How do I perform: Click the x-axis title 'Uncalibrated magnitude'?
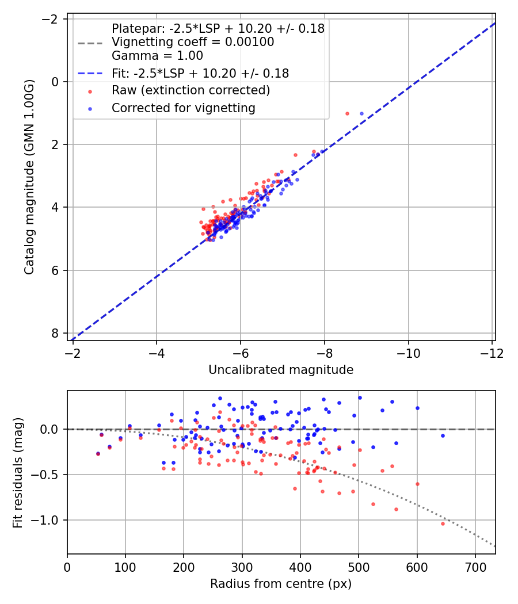coord(281,370)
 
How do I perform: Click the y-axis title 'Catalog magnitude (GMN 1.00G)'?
coord(29,177)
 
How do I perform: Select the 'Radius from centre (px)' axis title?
coord(281,584)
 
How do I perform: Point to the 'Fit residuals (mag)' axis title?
coord(18,472)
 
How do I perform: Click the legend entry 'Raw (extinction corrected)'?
coord(191,90)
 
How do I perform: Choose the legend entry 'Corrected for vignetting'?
coord(183,108)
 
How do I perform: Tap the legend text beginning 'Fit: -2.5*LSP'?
coord(200,73)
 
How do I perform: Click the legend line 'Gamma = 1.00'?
coord(157,56)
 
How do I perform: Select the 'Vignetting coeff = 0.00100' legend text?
coord(193,42)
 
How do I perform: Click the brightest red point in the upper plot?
coord(347,113)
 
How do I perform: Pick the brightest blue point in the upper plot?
coord(361,113)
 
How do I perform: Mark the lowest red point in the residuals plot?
coord(443,523)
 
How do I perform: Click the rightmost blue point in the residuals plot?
coord(443,435)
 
